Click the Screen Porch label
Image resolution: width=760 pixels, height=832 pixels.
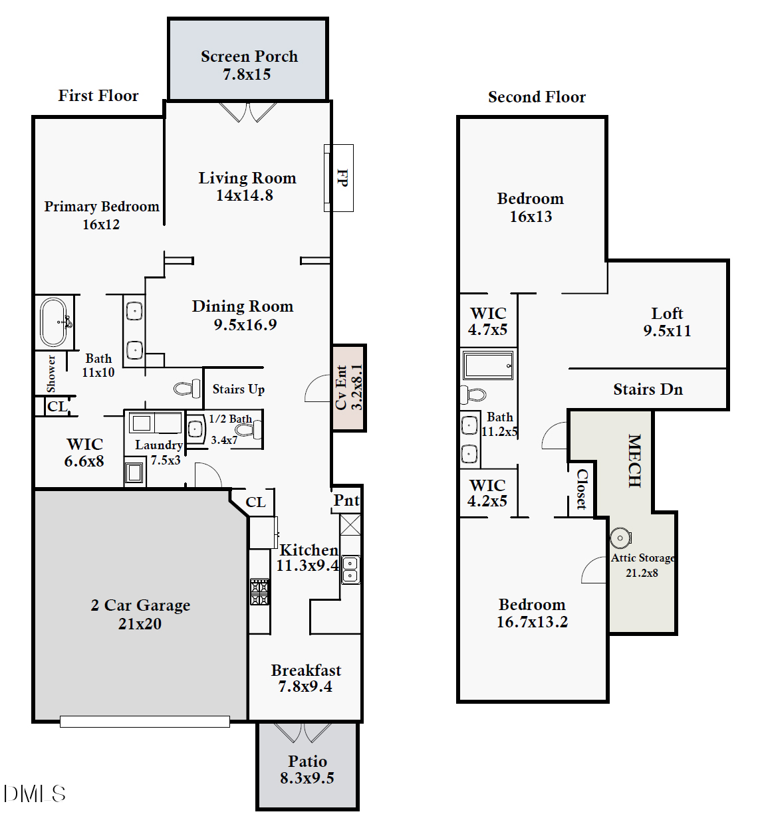(249, 56)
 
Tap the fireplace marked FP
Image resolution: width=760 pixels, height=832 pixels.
(340, 178)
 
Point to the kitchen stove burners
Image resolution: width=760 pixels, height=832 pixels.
(259, 591)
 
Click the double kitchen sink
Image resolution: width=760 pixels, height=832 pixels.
(350, 570)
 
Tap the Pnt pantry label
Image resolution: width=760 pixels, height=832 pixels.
(346, 500)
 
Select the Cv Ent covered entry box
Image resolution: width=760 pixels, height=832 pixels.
(349, 387)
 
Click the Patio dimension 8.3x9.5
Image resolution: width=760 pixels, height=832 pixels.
(307, 778)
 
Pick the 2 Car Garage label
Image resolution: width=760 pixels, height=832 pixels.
(140, 605)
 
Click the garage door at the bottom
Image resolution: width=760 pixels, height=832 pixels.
(145, 721)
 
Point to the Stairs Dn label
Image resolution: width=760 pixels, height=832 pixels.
(648, 389)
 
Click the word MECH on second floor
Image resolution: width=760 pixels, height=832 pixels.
(634, 461)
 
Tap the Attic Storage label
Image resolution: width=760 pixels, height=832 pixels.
(643, 558)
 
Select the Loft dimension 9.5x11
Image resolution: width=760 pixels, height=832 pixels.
(667, 331)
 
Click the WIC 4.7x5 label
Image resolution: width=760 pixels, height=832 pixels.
(488, 321)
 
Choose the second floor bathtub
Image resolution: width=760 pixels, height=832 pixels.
(489, 365)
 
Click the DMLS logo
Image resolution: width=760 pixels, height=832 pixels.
(35, 793)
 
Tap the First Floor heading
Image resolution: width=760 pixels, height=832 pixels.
(98, 96)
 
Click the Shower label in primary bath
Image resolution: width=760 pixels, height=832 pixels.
(51, 373)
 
